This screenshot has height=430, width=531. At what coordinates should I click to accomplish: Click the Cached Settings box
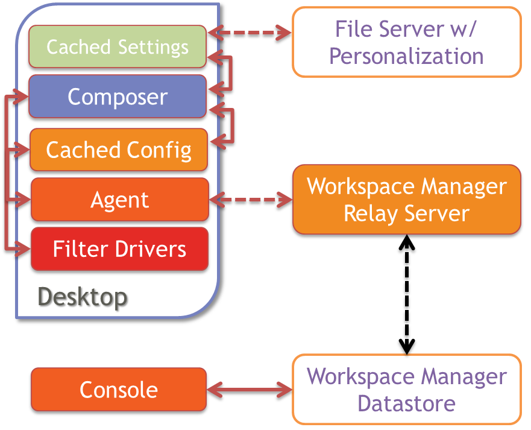coord(118,46)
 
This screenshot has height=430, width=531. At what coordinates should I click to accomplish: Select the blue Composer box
coord(118,96)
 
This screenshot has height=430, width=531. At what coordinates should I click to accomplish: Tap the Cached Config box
coord(119,150)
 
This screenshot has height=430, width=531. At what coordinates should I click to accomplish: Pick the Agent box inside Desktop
coord(119,199)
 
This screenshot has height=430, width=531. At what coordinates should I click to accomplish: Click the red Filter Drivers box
coord(119,248)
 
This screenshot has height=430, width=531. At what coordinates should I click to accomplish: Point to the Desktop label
coord(83,296)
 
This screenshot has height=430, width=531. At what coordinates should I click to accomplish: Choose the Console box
coord(119,390)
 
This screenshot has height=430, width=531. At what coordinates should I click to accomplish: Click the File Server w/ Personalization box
coord(406,42)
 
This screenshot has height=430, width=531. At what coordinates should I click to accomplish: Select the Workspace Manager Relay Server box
coord(406,199)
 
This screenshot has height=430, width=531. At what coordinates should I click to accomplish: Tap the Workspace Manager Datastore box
coord(406,390)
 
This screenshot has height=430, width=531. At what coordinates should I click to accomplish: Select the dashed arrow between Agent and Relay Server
coord(250,198)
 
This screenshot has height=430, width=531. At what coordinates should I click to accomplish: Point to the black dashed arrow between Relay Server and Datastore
coord(408,294)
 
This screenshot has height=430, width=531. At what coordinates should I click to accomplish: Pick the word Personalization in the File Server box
coord(407,56)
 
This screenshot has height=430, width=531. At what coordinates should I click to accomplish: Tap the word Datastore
coord(407,403)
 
